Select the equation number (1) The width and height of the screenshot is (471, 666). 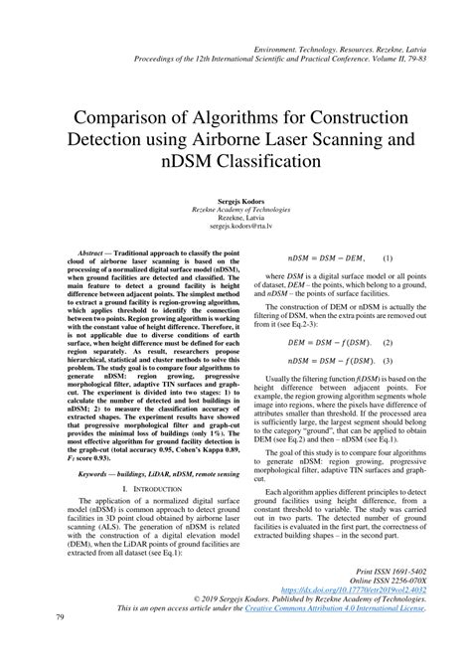point(388,258)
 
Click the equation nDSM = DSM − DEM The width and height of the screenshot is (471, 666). point(321,258)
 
